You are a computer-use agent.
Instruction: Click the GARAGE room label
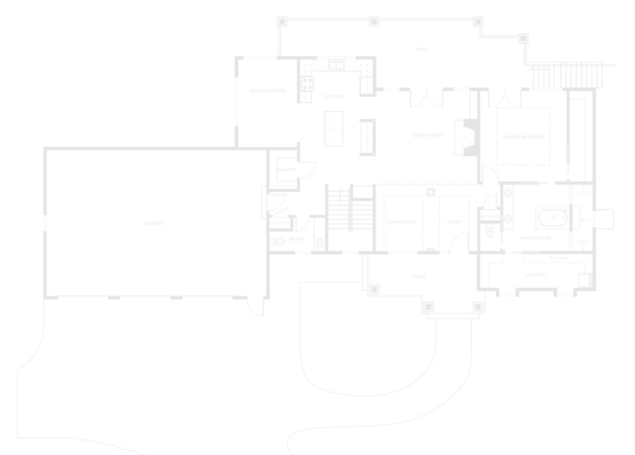[154, 224]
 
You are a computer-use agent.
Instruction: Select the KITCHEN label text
[333, 96]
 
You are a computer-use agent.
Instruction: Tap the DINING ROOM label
[402, 222]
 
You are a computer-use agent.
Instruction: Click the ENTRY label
[454, 222]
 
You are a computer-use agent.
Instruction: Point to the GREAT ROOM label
[426, 136]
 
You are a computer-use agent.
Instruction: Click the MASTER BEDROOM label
[524, 136]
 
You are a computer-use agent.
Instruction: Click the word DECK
[423, 49]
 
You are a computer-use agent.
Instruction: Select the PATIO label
[419, 277]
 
